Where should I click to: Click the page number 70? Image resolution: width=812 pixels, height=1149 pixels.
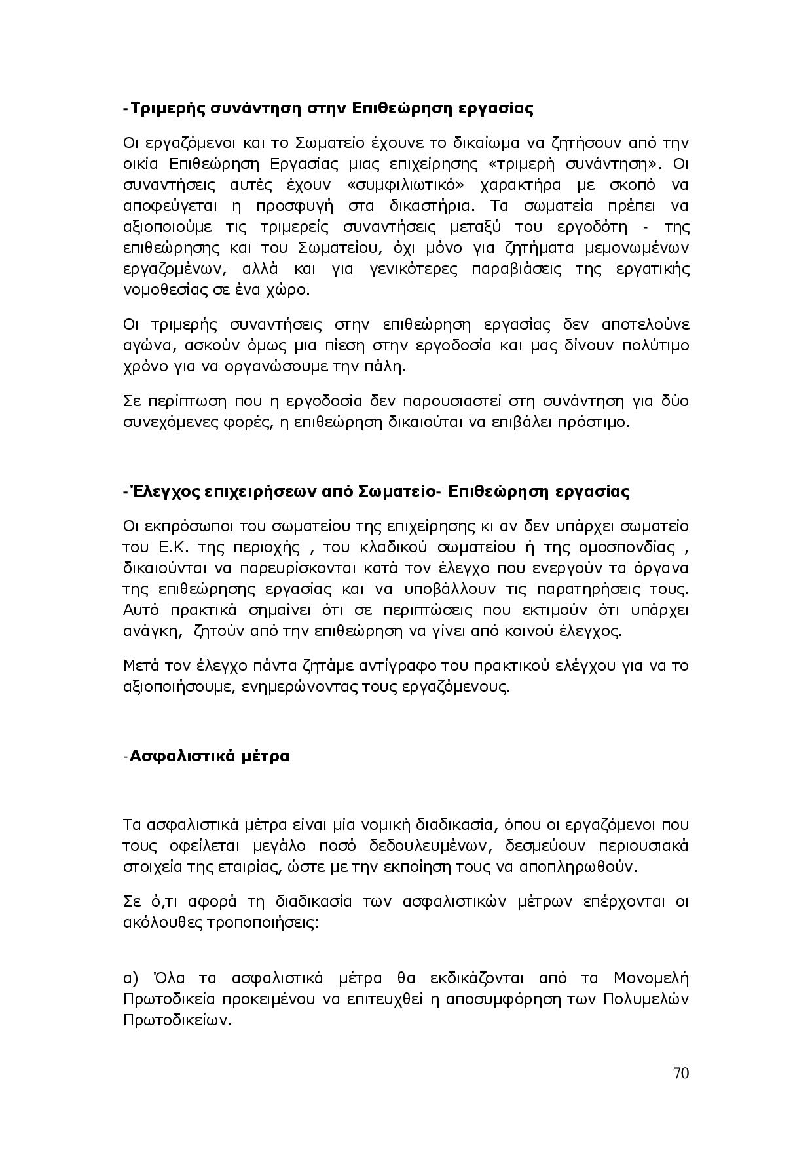(680, 1073)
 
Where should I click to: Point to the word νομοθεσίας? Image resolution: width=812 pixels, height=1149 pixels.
(157, 290)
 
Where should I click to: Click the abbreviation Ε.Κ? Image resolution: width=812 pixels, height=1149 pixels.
(173, 547)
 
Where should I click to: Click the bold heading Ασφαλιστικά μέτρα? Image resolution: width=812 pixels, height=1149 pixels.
(210, 756)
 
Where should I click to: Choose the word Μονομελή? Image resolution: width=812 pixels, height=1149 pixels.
(651, 979)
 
